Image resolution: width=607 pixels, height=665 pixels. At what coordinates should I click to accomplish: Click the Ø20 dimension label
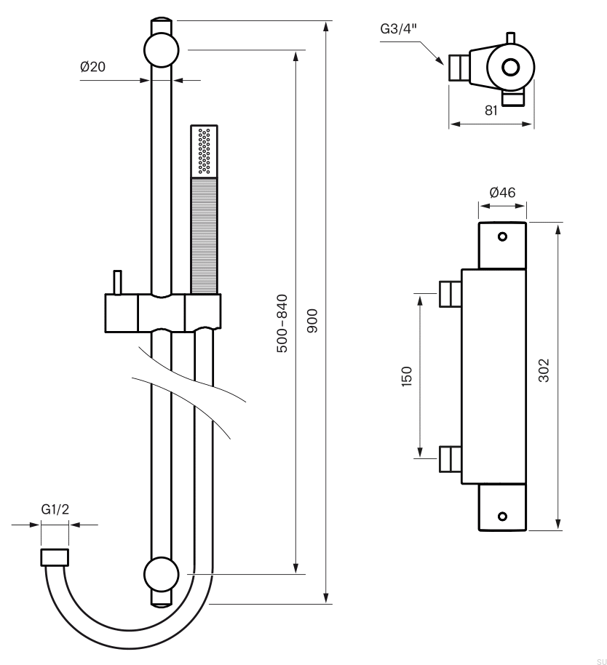pos(93,67)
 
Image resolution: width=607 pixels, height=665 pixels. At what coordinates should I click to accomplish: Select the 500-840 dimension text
pos(282,324)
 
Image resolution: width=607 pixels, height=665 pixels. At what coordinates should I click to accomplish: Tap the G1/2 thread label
pos(55,509)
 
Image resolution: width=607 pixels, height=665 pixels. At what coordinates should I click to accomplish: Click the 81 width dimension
pos(491,111)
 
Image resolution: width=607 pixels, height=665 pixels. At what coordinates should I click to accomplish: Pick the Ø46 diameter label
pos(502,193)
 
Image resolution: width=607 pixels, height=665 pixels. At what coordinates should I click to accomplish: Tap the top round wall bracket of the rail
pos(162,50)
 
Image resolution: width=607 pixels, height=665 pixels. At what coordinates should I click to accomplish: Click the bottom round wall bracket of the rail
pos(162,574)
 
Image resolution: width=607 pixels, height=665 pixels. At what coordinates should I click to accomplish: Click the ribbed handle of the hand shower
pos(204,236)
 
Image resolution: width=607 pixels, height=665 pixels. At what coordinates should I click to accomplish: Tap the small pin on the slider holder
pos(116,282)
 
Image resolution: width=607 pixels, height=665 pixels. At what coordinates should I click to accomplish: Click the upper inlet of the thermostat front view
pos(450,294)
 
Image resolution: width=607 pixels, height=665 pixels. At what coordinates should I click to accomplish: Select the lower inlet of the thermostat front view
pos(450,459)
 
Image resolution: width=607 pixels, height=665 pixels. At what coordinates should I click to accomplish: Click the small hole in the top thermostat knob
pos(502,236)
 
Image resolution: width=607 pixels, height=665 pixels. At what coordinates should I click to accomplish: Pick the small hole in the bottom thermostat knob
pos(502,517)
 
